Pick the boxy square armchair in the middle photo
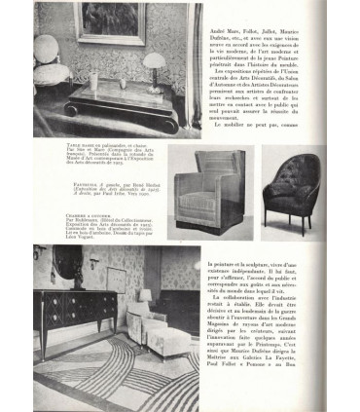tap(220, 191)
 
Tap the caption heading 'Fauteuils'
tap(79, 182)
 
